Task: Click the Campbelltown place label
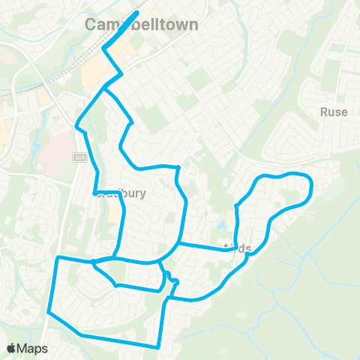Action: tap(142, 25)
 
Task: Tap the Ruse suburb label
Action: tap(334, 112)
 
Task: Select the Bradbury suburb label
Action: tap(124, 193)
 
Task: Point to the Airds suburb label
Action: tap(237, 249)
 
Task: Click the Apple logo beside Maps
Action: tap(11, 348)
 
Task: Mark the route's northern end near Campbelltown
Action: tap(137, 13)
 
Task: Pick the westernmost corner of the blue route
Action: tap(47, 311)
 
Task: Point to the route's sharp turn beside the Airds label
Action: tap(247, 253)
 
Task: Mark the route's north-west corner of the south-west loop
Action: tap(58, 258)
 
